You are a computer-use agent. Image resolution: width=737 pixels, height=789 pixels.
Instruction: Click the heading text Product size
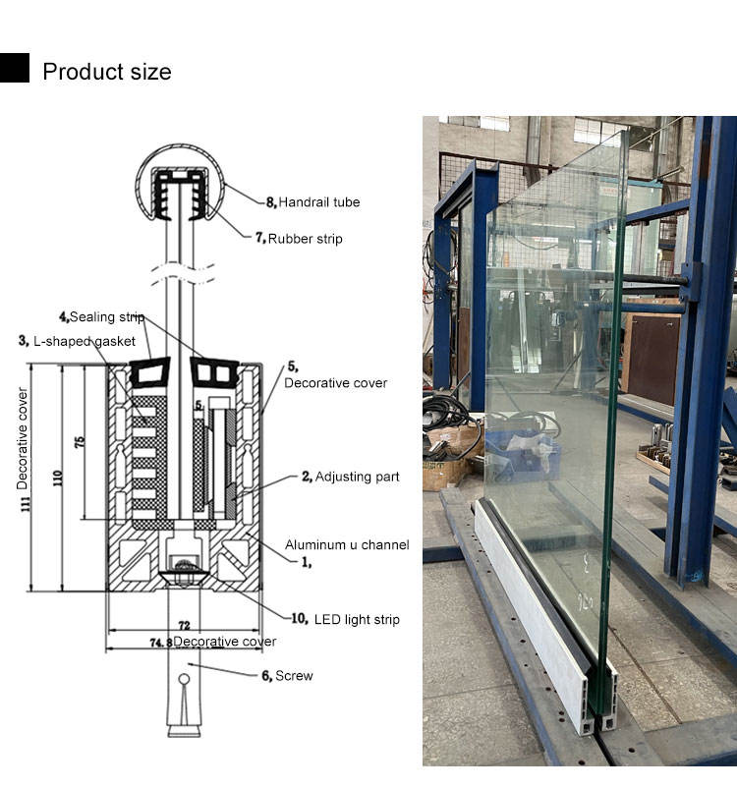(106, 72)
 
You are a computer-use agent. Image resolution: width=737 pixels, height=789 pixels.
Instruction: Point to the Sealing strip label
(101, 317)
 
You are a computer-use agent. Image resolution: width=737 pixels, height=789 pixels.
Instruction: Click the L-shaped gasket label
(77, 341)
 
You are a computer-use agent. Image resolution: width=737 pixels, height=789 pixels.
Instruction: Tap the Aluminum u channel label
(346, 544)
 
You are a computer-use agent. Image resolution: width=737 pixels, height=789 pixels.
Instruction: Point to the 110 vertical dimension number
(58, 479)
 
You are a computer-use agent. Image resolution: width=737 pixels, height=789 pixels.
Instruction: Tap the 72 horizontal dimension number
(183, 625)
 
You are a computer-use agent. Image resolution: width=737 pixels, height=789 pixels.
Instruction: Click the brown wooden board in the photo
(652, 358)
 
